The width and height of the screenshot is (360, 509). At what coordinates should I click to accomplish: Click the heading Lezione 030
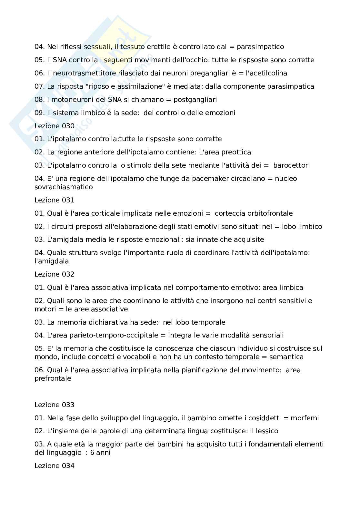pos(54,126)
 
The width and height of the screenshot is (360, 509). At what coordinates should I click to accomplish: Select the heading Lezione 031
pos(54,200)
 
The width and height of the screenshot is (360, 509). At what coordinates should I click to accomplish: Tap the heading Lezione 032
pos(54,274)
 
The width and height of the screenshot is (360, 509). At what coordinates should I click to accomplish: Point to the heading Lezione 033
pos(54,405)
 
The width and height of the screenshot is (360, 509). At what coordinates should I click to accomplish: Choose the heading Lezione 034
pos(54,465)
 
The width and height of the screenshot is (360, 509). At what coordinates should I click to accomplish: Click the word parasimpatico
pos(260,47)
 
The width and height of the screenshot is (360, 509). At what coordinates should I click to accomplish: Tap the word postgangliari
pos(195,100)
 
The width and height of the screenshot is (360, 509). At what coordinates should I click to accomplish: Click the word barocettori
pos(291,165)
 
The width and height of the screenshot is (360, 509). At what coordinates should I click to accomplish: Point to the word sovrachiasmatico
pos(64,187)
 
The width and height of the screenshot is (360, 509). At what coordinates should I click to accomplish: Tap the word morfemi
pos(305,418)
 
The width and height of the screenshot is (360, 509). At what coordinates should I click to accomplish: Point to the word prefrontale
pos(53,378)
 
